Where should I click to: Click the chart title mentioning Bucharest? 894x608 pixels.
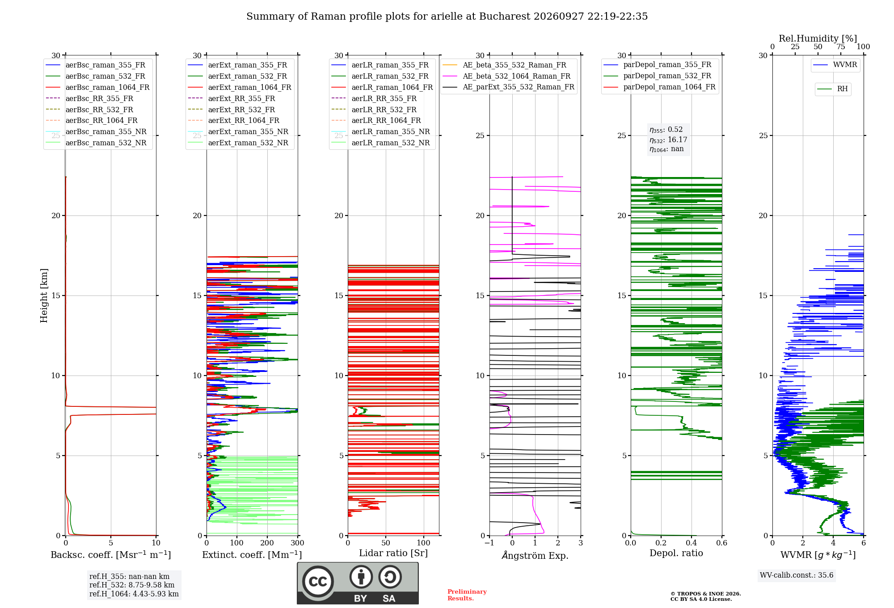tap(447, 17)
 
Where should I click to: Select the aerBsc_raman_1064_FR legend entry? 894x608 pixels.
tap(97, 87)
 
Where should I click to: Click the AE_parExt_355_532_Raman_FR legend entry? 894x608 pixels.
tap(509, 87)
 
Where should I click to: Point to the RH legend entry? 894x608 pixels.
tap(832, 89)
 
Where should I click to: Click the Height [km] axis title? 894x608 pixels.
tap(44, 296)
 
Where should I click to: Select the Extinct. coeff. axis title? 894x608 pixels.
tap(252, 555)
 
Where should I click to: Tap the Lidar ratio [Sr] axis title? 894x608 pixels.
tap(393, 553)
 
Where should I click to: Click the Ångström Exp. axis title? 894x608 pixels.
tap(535, 555)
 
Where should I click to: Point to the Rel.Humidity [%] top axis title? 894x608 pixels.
tap(818, 38)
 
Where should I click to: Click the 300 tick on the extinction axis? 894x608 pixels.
tap(298, 543)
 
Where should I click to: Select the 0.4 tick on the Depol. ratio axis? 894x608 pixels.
tap(692, 543)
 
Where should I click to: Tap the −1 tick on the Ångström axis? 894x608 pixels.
tap(489, 543)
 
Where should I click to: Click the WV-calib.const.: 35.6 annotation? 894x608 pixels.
tap(797, 575)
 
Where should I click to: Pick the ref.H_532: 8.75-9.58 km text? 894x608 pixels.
tap(132, 585)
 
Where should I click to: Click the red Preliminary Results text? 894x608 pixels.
tap(467, 595)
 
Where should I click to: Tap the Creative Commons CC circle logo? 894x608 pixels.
tap(318, 581)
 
